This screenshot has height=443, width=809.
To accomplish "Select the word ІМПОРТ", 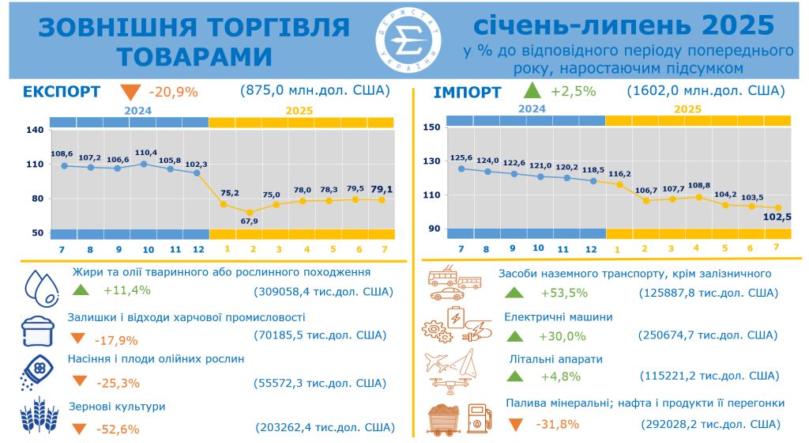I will coord(467,93).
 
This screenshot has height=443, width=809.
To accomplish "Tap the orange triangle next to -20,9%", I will coord(131,91).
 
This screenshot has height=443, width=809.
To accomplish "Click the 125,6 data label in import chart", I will coord(461,157).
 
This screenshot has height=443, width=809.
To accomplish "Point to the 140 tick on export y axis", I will coord(34,130).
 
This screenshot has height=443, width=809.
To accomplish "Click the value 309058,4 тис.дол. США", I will coord(324,291).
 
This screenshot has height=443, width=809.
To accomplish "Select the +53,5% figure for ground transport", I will coord(563,293).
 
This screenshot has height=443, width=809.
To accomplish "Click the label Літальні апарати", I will coord(556,359).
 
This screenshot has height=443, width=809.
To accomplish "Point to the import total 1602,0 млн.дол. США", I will coord(705,90).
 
